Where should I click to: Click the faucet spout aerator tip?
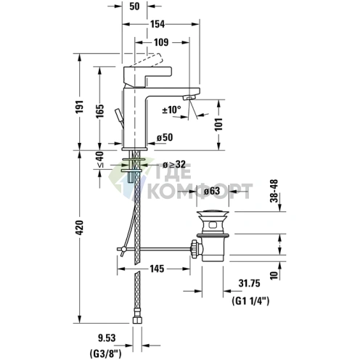(190, 97)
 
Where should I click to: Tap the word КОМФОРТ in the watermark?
(200, 192)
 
